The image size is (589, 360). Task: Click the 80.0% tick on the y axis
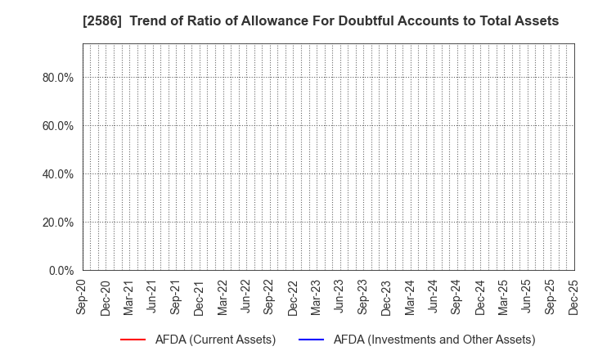coord(58,78)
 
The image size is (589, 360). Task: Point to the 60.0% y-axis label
coord(58,126)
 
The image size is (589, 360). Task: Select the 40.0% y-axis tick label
coord(58,174)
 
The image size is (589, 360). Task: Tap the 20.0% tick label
coord(58,223)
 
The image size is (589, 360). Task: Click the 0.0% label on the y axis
coord(61,271)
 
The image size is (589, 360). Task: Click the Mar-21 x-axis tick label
coord(129,296)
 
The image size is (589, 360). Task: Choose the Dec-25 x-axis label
coord(573,296)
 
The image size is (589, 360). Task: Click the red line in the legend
coord(133,340)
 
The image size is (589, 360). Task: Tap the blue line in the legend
coord(310,340)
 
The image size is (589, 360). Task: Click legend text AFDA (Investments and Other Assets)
coord(434,340)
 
